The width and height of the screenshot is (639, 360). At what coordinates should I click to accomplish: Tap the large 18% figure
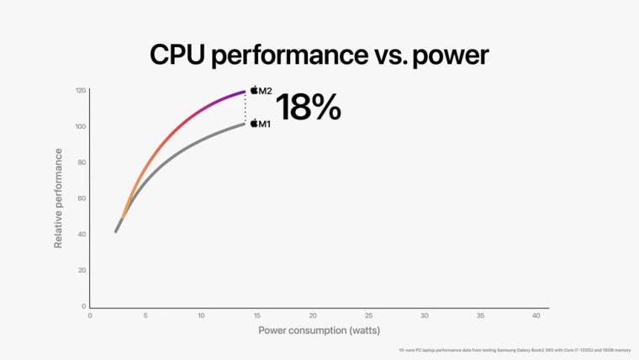tap(308, 108)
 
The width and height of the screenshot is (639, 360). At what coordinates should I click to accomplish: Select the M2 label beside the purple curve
tap(265, 90)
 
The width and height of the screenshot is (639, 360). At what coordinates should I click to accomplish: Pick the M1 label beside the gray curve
tap(264, 124)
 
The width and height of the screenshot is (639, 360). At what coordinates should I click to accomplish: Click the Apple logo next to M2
tap(254, 89)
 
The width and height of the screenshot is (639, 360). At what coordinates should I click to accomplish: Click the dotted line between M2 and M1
tap(246, 107)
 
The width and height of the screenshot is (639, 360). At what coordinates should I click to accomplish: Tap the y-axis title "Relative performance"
tap(59, 198)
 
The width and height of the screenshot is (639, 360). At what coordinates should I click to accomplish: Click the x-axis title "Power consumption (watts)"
tap(319, 331)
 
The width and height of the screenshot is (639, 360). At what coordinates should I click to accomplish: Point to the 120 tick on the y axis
tap(81, 90)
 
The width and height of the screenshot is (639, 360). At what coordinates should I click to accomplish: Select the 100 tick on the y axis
tap(81, 126)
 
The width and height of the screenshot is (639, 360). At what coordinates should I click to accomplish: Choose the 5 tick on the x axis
tap(145, 315)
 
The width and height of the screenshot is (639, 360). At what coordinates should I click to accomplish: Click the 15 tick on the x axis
tap(256, 315)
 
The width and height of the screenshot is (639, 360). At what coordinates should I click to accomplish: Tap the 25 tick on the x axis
tap(368, 315)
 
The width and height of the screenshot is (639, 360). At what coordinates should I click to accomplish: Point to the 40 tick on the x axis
tap(536, 315)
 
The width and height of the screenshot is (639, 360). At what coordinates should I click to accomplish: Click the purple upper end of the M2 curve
tap(243, 91)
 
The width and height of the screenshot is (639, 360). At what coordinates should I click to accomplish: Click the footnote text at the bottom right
tap(514, 350)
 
